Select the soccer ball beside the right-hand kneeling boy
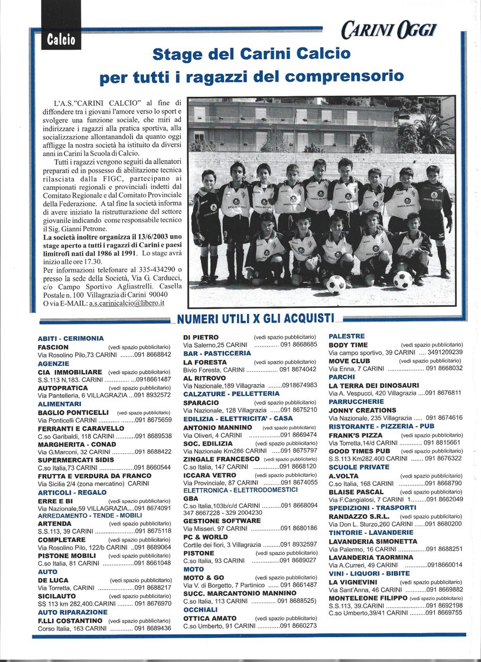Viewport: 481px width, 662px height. coord(403,280)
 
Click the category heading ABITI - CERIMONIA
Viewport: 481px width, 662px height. coord(70,338)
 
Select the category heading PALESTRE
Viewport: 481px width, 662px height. coord(347,336)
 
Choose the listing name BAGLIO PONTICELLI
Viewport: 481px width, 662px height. coord(73,412)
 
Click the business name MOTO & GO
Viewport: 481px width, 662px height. coord(203,577)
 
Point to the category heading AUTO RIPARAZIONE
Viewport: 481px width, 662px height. coord(73,612)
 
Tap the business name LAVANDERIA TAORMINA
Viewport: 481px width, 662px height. coord(371,557)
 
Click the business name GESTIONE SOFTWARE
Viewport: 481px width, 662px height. coord(222,521)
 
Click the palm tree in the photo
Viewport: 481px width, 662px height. coord(433,133)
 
